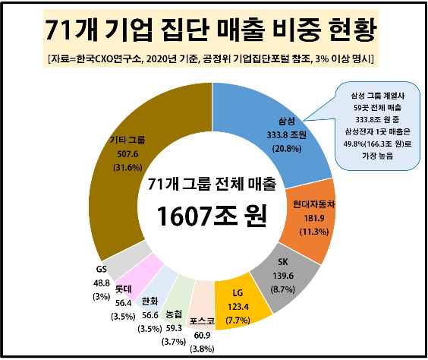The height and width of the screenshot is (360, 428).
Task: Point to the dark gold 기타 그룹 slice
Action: click(x=137, y=152)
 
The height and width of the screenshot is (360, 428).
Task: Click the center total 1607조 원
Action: click(x=213, y=218)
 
